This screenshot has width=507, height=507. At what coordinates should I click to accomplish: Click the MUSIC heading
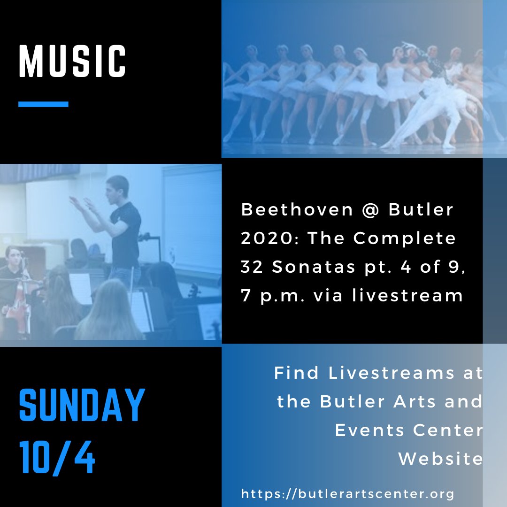[x=72, y=61]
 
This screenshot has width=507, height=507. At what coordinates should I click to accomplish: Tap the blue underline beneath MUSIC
[x=43, y=104]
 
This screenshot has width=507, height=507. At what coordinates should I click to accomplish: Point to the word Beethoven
[x=297, y=210]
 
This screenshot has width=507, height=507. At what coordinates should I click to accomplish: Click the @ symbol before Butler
[x=371, y=210]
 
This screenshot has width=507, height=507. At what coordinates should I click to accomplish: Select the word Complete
[x=405, y=238]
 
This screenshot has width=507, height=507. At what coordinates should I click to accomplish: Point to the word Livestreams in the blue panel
[x=392, y=373]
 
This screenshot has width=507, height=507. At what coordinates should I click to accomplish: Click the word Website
[x=440, y=459]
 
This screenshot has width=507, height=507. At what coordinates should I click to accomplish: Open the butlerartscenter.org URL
[x=347, y=494]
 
